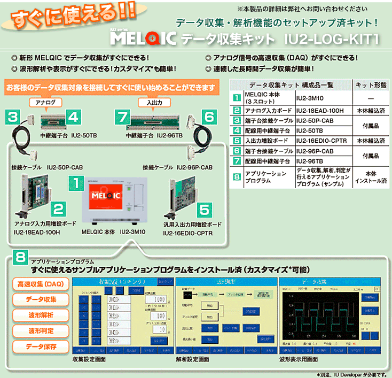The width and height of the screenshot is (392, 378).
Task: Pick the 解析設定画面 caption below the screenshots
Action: (192, 360)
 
